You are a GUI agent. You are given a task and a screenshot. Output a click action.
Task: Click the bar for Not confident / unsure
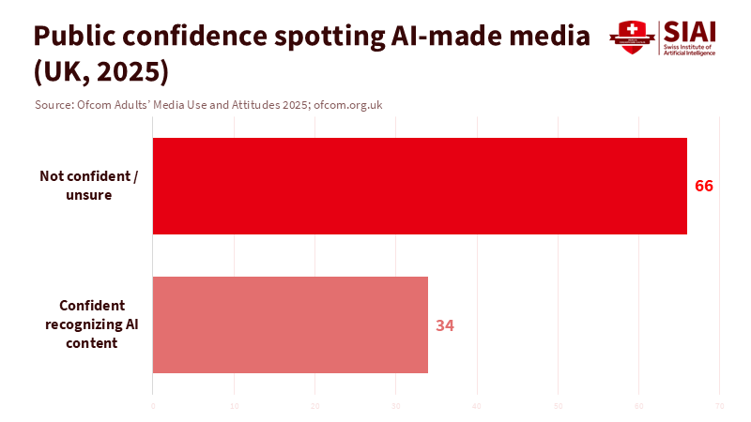(x=420, y=186)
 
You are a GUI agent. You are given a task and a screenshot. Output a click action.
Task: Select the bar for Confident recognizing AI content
(x=290, y=324)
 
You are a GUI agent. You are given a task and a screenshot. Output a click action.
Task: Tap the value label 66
(x=704, y=186)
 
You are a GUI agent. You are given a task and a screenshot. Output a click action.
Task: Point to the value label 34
(x=445, y=325)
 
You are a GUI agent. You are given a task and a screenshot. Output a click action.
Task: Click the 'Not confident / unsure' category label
(x=89, y=186)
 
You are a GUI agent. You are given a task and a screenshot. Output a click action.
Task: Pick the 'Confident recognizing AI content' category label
(x=90, y=324)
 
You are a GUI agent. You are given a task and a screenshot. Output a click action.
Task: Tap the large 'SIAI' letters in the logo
(x=689, y=31)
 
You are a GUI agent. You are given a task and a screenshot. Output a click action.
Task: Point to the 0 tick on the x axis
(x=153, y=405)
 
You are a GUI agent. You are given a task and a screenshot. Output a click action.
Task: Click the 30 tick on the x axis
(x=395, y=405)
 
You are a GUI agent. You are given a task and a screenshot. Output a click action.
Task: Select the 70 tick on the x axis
(x=719, y=405)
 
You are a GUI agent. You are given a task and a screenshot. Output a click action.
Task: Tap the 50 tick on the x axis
(x=558, y=405)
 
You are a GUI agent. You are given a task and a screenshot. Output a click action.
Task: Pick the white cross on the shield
(x=632, y=29)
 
